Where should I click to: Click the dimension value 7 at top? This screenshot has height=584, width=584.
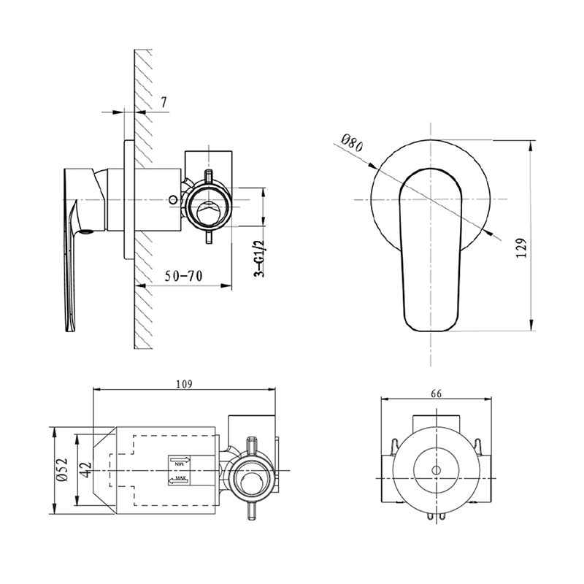pos(164,102)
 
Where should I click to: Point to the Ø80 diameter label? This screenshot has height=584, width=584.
pos(351,141)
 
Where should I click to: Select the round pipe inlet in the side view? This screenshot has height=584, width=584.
pos(209,207)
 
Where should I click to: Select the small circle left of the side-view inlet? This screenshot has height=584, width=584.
pos(172,198)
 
